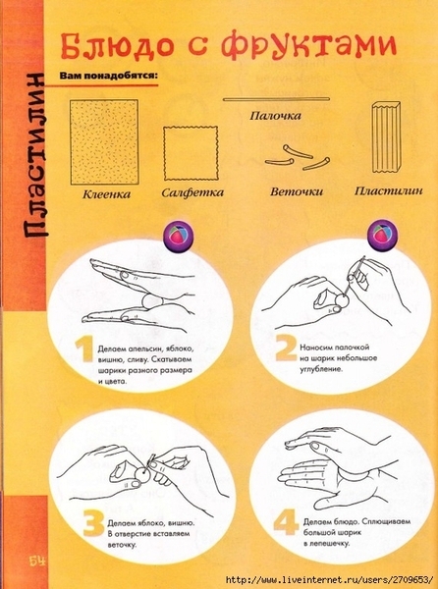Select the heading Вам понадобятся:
point(108,76)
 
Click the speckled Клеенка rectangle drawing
point(104,141)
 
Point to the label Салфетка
point(192,193)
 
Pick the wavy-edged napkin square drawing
point(191,153)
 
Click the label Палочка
point(275,115)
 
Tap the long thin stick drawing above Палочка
point(276,99)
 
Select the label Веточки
point(297,192)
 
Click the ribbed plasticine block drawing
point(385,137)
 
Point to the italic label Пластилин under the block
point(389,190)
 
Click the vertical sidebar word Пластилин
point(35,154)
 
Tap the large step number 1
point(84,350)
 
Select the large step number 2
point(286,348)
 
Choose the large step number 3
point(93,523)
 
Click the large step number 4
point(286,522)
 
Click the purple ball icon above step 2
point(383,235)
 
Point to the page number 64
point(37,562)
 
